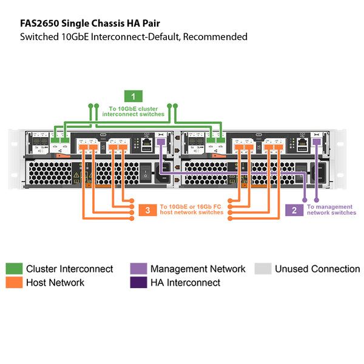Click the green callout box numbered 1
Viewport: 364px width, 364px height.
point(133,96)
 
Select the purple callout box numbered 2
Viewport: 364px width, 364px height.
point(294,210)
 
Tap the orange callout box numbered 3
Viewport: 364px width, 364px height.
point(147,210)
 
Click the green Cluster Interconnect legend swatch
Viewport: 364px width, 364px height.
point(15,269)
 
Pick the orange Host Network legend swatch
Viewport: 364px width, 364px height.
point(15,282)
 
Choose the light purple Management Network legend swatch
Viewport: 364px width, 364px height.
point(139,269)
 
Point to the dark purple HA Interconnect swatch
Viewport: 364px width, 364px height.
point(139,282)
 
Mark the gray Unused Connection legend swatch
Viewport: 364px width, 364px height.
point(263,269)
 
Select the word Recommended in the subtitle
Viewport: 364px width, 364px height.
point(215,36)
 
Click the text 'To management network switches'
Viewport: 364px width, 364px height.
point(331,210)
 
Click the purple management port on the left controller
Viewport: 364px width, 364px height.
point(161,142)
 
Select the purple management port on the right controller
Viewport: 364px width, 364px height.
point(316,142)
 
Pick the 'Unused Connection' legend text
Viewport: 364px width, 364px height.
point(317,269)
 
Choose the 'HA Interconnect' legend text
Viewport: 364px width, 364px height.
point(185,282)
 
